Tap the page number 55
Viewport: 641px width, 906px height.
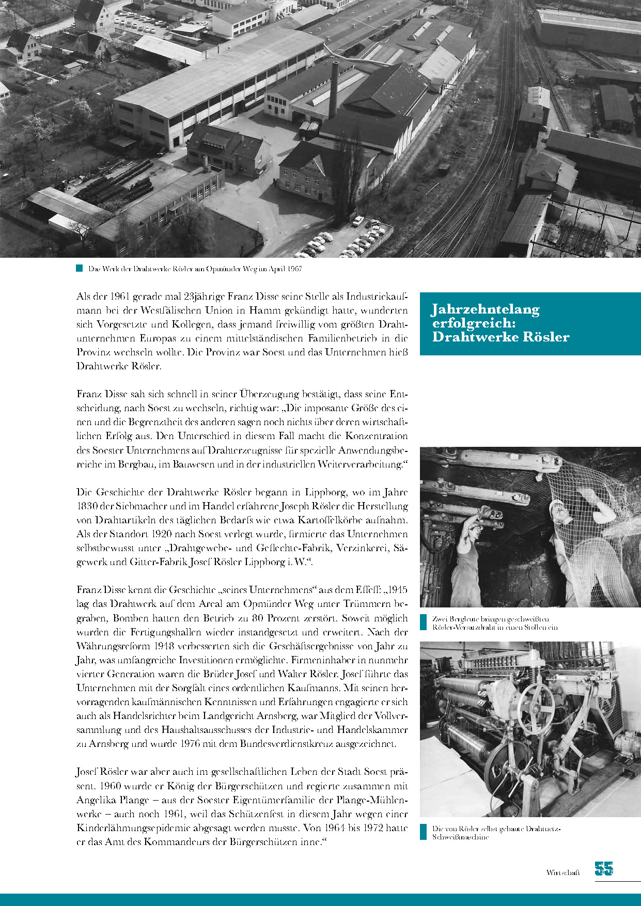(x=603, y=869)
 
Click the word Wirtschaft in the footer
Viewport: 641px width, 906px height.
(x=563, y=872)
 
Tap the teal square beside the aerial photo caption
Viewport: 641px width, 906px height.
(x=80, y=269)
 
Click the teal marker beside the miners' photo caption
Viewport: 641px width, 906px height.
(x=424, y=622)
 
